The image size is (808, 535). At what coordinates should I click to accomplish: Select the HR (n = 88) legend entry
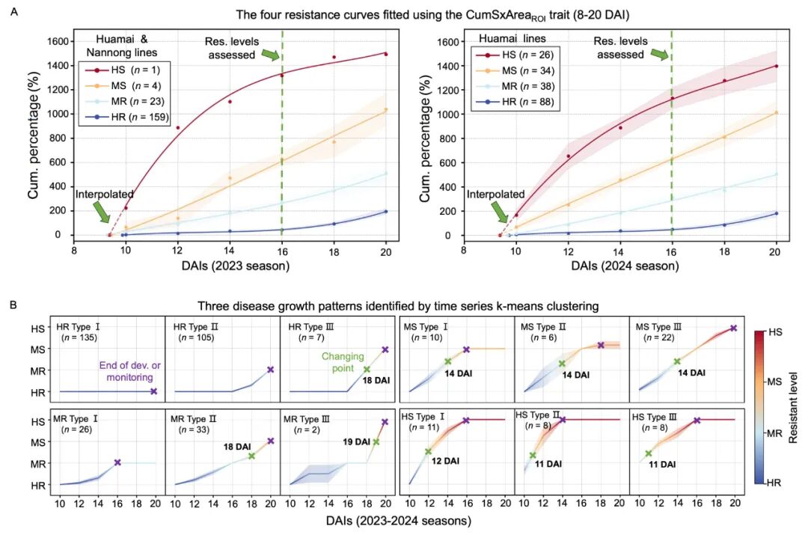(512, 103)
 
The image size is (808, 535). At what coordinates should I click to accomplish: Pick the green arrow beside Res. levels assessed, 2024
(658, 54)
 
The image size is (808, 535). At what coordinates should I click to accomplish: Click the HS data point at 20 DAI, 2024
(776, 66)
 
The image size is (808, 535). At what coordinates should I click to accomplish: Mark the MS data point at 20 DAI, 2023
(386, 110)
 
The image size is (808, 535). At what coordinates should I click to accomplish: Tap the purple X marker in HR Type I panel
(153, 391)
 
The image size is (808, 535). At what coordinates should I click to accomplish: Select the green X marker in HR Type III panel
(367, 369)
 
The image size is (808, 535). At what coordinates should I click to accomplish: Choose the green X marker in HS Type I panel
(429, 451)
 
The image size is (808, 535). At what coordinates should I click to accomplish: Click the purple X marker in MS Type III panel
(733, 328)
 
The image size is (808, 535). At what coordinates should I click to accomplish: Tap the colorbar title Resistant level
(794, 409)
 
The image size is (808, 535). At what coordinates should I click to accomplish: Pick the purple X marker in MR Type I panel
(117, 462)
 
